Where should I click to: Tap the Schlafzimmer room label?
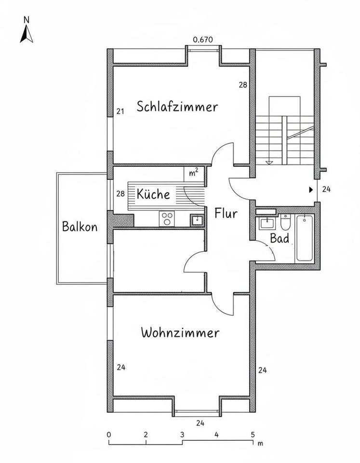coord(177,107)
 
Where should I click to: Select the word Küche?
coord(153,194)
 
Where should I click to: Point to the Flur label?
coord(226,213)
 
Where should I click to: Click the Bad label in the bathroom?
coord(280,238)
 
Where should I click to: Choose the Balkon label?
coord(80,226)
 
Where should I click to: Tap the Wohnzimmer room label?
coord(180,333)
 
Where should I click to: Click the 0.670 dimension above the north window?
coord(202,40)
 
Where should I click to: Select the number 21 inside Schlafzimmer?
coord(120,111)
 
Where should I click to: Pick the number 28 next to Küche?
coord(120,194)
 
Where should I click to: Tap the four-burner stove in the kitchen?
coord(167,219)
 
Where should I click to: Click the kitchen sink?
coord(196,220)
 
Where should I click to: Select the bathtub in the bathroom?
coord(305,238)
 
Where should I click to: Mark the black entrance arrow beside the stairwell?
coord(311,190)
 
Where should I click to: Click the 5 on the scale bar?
coord(253,434)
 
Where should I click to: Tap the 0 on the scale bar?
coord(109,434)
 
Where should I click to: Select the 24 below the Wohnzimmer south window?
coord(200,423)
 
